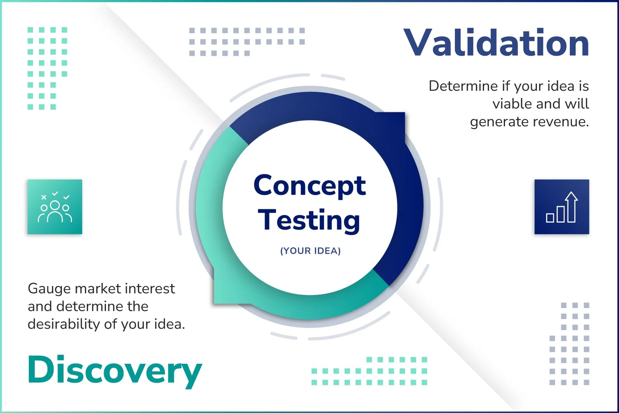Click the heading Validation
pos(496,43)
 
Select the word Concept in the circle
pos(309,186)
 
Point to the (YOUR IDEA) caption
pos(310,251)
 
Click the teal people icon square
pos(55,207)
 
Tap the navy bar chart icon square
pos(562,207)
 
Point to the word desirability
pos(64,324)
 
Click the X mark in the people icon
pos(44,197)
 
